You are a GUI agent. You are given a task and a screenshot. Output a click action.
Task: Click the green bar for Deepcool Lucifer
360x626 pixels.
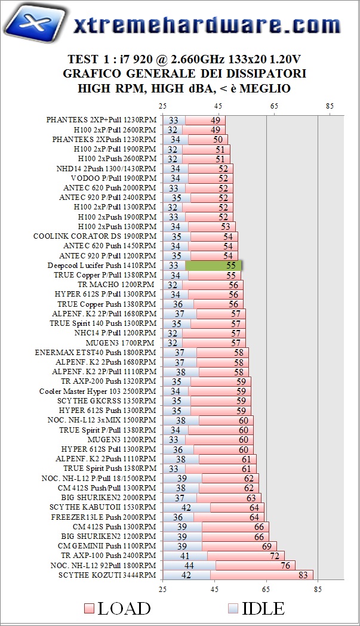coord(213,265)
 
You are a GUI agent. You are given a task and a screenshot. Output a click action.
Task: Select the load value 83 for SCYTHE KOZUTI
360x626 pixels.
coord(303,575)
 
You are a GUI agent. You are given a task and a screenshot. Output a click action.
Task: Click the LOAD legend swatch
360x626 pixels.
coord(89,609)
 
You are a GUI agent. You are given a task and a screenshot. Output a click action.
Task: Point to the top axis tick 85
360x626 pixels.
coord(329,106)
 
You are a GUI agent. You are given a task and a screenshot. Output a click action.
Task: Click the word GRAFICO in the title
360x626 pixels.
coord(97,74)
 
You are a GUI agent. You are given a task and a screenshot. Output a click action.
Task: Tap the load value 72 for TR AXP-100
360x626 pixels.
coord(275,556)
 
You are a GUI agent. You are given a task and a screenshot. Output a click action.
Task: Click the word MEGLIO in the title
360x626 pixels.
coord(266,89)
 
